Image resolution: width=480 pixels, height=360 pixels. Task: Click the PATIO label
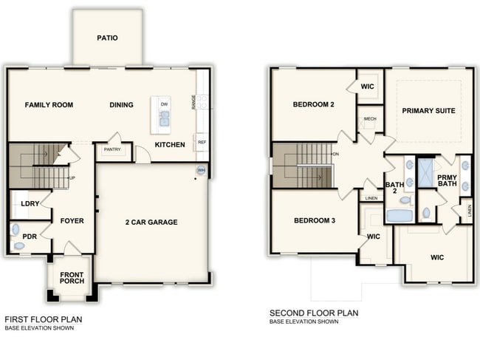click(107, 38)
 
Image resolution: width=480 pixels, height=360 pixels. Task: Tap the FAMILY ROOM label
click(49, 105)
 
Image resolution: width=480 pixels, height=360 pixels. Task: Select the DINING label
click(121, 105)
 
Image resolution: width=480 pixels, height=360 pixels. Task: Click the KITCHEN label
click(170, 145)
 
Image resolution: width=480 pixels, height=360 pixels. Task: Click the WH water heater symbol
click(201, 171)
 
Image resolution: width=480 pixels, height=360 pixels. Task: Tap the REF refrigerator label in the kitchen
click(201, 142)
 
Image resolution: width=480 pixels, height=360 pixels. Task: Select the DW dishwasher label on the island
click(164, 104)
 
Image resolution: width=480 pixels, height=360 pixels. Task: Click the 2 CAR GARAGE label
click(151, 222)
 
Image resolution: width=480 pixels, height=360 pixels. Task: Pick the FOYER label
click(72, 220)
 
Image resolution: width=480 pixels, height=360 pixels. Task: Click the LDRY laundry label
click(30, 203)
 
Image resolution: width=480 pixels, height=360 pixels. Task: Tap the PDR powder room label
click(30, 237)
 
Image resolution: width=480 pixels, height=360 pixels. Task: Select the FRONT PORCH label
click(72, 279)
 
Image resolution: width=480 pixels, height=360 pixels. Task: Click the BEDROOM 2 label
click(314, 105)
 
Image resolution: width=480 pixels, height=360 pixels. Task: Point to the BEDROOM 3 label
click(315, 221)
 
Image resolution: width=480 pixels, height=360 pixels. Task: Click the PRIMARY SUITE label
click(428, 111)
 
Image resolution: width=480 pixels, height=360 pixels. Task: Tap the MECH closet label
click(370, 118)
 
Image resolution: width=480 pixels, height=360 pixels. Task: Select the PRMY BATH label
click(447, 181)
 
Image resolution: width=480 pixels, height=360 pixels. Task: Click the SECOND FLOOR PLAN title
click(314, 313)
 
